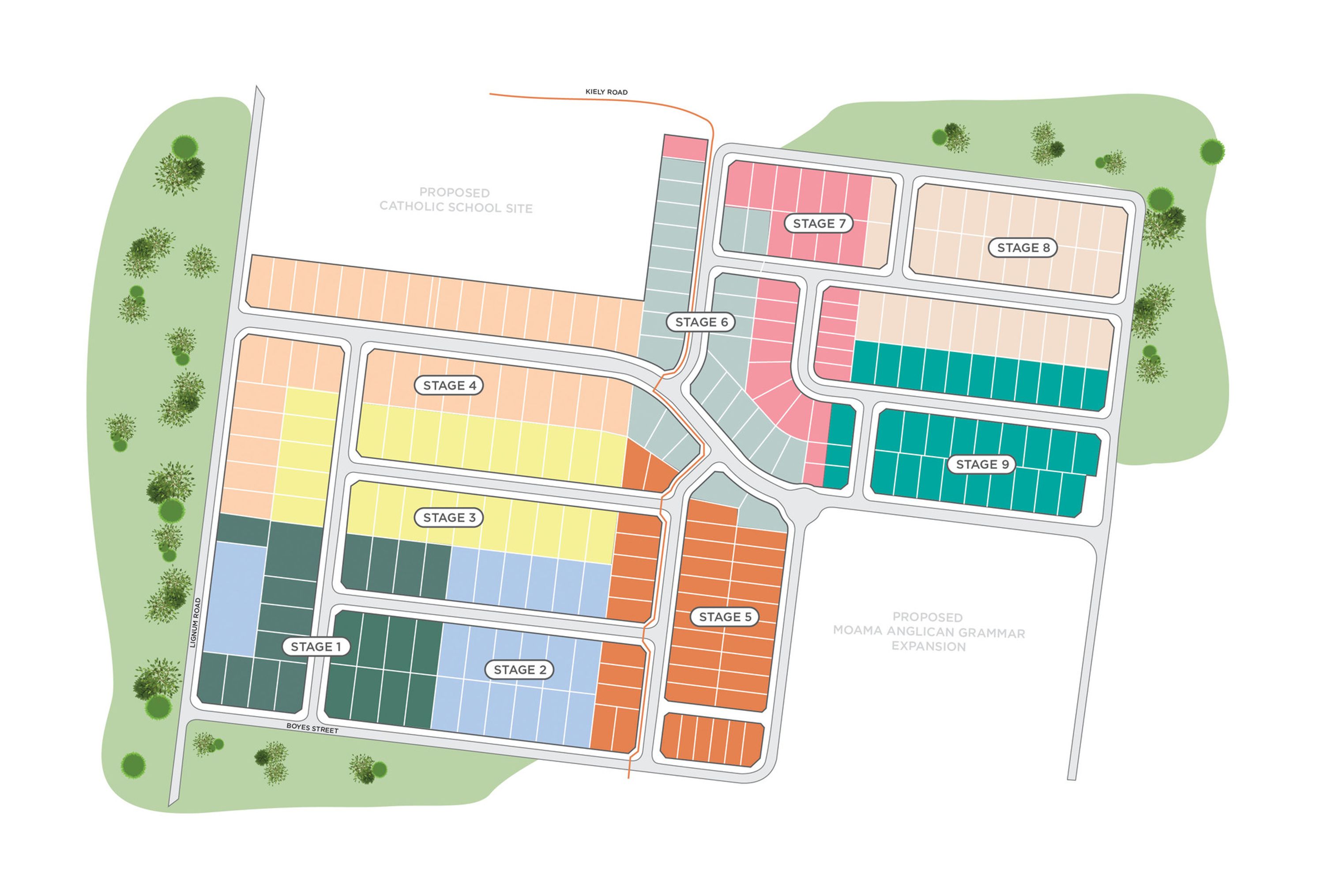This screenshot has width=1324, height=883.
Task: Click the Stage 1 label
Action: point(316,646)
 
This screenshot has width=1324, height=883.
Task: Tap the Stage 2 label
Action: point(519,670)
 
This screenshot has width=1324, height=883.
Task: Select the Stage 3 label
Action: point(449,517)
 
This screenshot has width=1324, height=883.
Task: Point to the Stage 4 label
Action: point(449,385)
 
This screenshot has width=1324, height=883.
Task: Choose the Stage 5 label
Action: point(725,617)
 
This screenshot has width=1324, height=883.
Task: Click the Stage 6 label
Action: point(701,321)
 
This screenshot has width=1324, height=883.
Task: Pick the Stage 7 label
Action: point(819,223)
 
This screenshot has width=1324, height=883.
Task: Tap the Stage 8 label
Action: point(1023,247)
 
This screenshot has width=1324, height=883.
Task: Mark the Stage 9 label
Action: point(982,464)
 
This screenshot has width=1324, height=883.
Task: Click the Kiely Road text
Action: point(606,92)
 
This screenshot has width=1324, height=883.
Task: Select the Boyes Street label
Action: point(312,728)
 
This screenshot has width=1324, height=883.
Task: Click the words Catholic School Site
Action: point(456,207)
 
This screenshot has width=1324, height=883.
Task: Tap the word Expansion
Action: point(928,646)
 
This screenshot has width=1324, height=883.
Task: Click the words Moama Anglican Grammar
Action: point(929,631)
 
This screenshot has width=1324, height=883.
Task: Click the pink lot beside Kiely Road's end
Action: point(685,148)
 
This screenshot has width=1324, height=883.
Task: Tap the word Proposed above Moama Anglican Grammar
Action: point(927,617)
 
